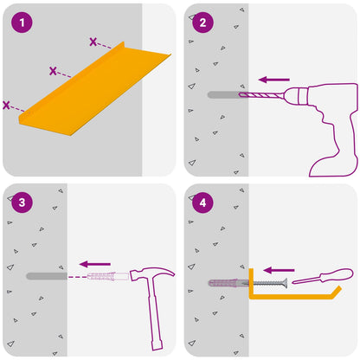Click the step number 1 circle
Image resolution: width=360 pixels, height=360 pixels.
point(22,22)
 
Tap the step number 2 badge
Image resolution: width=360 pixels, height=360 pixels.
point(203,22)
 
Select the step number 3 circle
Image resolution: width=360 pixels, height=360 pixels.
point(22,202)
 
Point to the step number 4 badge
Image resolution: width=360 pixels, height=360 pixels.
point(203,202)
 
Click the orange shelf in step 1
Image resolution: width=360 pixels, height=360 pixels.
point(95,89)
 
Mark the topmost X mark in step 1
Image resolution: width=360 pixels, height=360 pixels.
point(93,42)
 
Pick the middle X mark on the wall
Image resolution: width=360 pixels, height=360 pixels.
point(53,71)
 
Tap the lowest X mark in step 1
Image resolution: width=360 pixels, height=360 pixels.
point(6,105)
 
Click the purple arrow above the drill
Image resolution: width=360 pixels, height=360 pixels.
point(273,80)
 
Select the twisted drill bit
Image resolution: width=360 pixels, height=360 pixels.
point(261,94)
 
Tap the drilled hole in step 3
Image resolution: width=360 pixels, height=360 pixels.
point(47,276)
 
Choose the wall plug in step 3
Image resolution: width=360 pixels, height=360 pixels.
point(108,276)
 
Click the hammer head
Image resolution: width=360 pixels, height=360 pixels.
point(151,273)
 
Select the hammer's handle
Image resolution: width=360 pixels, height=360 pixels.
point(155,314)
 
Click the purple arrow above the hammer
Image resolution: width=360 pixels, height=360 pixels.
point(95,264)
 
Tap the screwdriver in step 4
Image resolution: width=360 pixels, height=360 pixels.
point(323,276)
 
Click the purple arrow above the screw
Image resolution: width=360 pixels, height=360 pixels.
point(279,270)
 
